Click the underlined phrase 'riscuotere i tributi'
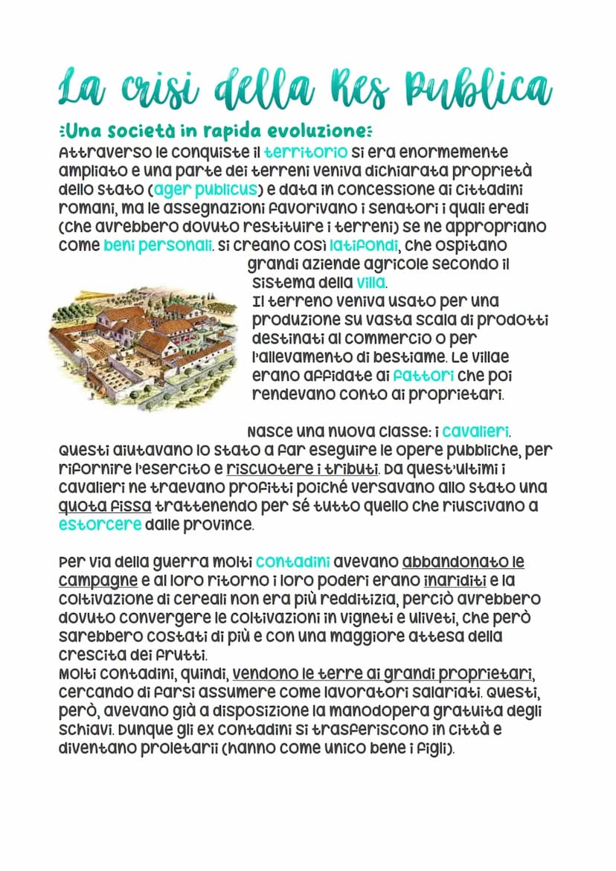coord(302,469)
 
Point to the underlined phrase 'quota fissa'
coord(105,506)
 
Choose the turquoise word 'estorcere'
coord(100,524)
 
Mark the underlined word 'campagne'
coord(93,579)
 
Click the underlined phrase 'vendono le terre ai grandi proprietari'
coord(383,674)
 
